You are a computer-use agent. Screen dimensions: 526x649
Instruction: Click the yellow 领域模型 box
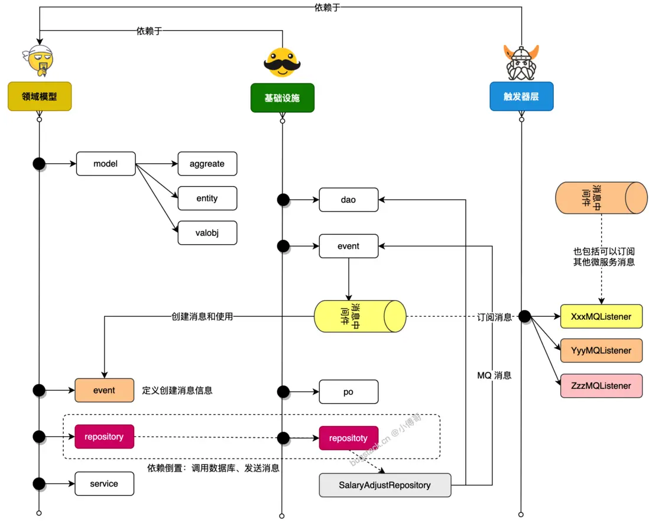[40, 96]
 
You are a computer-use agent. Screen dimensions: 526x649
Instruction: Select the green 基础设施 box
[283, 98]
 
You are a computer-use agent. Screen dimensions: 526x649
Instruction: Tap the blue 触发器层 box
[521, 96]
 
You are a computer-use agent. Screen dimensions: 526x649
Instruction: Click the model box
[106, 164]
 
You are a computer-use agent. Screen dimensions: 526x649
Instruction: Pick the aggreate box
[207, 164]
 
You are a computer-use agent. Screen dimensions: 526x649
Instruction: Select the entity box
[207, 199]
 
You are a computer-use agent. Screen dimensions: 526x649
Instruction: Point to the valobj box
[207, 233]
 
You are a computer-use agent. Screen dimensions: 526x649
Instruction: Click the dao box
[348, 200]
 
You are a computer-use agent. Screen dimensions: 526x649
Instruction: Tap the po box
[348, 391]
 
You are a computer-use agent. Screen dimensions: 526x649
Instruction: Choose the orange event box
[104, 390]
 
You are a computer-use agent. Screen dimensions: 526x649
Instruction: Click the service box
[104, 483]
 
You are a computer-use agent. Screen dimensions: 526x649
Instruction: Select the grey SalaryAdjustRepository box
[385, 485]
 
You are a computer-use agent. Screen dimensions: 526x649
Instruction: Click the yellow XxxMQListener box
[601, 316]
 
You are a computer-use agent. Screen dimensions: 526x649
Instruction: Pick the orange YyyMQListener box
[601, 350]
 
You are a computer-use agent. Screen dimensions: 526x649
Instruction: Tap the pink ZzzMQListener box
[601, 385]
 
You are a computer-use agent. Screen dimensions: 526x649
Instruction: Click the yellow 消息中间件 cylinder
[360, 316]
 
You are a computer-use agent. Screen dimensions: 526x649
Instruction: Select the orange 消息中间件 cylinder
[601, 198]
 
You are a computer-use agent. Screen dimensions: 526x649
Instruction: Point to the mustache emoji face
[282, 62]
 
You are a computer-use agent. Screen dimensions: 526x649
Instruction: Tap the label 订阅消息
[495, 317]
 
